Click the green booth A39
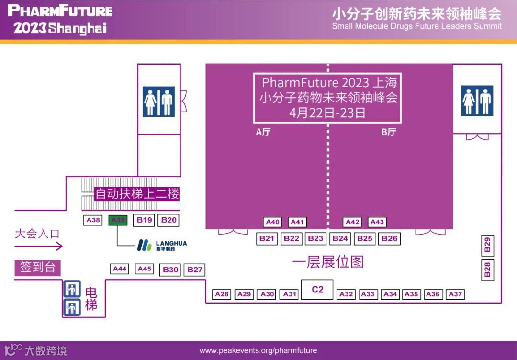pyautogui.click(x=118, y=220)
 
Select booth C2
pyautogui.click(x=317, y=290)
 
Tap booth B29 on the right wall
pyautogui.click(x=487, y=245)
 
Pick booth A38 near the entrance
pyautogui.click(x=93, y=220)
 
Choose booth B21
pyautogui.click(x=267, y=238)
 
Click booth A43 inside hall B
pyautogui.click(x=377, y=222)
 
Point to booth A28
pyautogui.click(x=222, y=294)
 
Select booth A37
pyautogui.click(x=455, y=294)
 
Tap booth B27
pyautogui.click(x=195, y=270)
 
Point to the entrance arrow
pyautogui.click(x=38, y=247)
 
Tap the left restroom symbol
pyautogui.click(x=158, y=101)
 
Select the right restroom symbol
pyautogui.click(x=477, y=101)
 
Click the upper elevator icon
pyautogui.click(x=72, y=289)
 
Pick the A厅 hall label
pyautogui.click(x=263, y=133)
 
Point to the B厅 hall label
pyautogui.click(x=388, y=133)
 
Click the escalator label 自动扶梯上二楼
pyautogui.click(x=137, y=194)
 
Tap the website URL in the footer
pyautogui.click(x=258, y=351)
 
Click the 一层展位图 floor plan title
pyautogui.click(x=328, y=262)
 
